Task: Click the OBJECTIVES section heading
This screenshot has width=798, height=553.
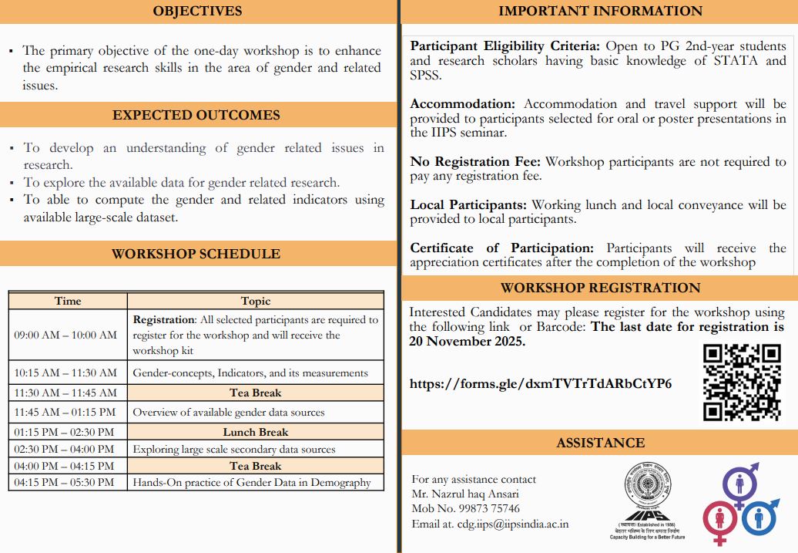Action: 197,11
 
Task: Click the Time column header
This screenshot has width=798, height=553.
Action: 68,301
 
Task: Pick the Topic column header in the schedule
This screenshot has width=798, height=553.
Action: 256,301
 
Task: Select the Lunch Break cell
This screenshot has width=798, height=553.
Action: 256,432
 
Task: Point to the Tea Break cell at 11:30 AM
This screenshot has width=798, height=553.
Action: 256,392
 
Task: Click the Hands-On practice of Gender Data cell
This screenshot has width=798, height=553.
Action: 252,482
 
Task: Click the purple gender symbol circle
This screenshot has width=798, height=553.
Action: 740,485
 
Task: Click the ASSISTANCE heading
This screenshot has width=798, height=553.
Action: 600,443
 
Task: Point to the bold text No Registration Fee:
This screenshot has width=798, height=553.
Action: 476,162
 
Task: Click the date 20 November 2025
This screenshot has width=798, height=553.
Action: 467,341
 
